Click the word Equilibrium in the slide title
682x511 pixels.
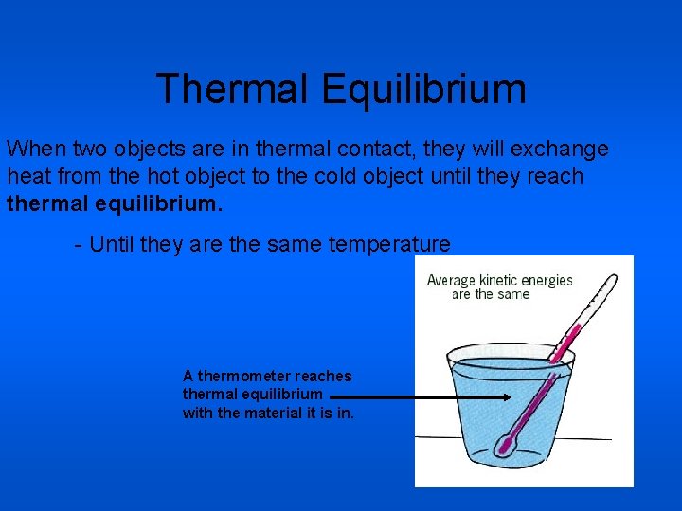(422, 90)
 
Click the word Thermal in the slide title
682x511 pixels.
(233, 90)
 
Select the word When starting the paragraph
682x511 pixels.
(35, 150)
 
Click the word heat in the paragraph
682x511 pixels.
(27, 176)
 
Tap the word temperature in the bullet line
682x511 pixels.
(389, 245)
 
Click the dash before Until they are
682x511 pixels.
(78, 245)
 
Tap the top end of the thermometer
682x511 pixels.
(613, 278)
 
